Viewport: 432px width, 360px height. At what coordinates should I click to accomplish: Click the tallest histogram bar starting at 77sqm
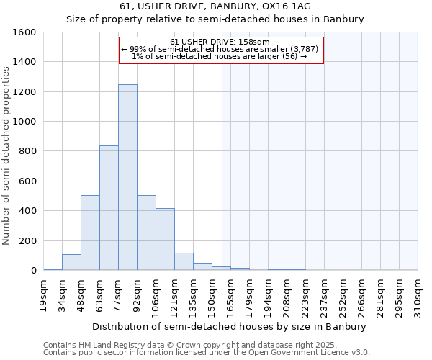pyautogui.click(x=127, y=177)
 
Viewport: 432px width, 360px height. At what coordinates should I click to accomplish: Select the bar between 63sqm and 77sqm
pyautogui.click(x=109, y=208)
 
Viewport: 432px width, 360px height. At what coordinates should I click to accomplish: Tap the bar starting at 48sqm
pyautogui.click(x=90, y=233)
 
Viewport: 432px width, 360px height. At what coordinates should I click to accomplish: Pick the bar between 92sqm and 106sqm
pyautogui.click(x=146, y=233)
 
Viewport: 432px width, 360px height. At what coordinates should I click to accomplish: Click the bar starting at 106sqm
pyautogui.click(x=165, y=239)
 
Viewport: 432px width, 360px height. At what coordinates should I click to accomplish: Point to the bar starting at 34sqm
pyautogui.click(x=71, y=262)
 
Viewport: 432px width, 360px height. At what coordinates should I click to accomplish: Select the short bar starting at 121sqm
pyautogui.click(x=184, y=261)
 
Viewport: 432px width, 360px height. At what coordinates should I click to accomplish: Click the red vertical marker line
pyautogui.click(x=222, y=166)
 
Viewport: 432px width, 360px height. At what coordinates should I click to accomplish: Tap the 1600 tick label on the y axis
pyautogui.click(x=24, y=32)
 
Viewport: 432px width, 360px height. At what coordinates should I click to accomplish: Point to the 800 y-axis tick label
pyautogui.click(x=27, y=151)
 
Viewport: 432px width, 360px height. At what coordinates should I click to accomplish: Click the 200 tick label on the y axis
pyautogui.click(x=27, y=240)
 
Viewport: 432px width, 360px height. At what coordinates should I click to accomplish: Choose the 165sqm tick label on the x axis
pyautogui.click(x=231, y=295)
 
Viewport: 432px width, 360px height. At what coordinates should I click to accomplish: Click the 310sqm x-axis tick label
pyautogui.click(x=418, y=295)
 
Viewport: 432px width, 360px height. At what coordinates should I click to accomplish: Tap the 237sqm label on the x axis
pyautogui.click(x=325, y=295)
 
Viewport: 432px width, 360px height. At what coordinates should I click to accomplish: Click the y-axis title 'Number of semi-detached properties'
pyautogui.click(x=7, y=155)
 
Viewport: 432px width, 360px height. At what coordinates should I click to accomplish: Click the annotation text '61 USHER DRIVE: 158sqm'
pyautogui.click(x=220, y=42)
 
